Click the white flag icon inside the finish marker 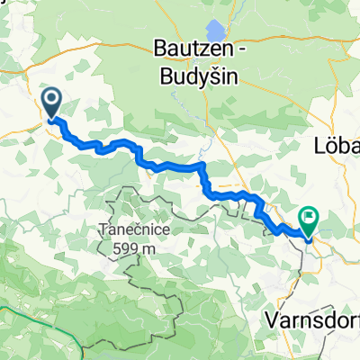pos(310,215)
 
